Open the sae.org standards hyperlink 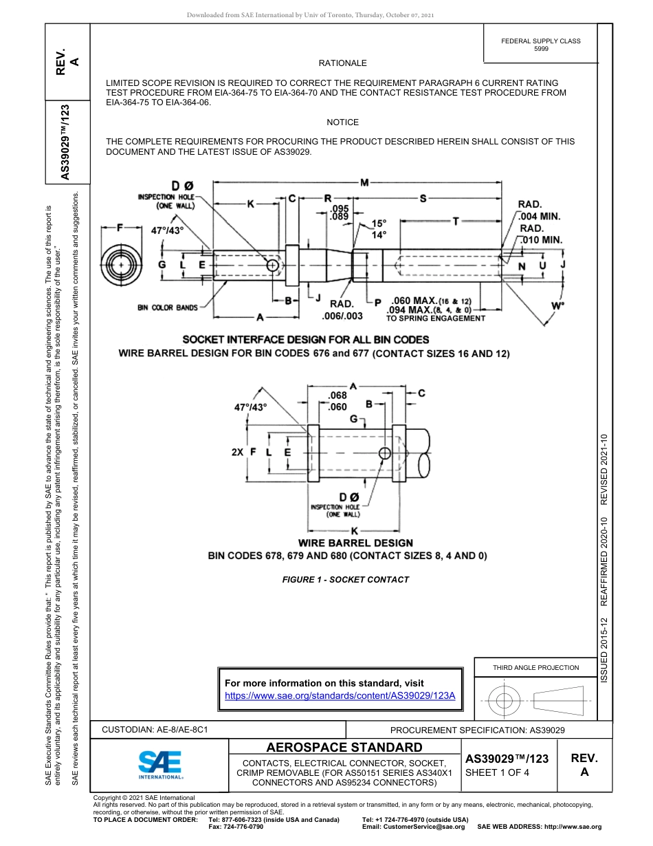(x=340, y=695)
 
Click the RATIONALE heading (x=342, y=63)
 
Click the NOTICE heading (x=342, y=122)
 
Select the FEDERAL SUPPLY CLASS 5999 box (x=540, y=45)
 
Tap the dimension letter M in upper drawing (x=364, y=182)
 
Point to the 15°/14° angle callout (x=379, y=229)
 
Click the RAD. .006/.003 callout (x=342, y=310)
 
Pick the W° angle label (x=557, y=305)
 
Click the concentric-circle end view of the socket (x=121, y=265)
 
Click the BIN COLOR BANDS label (x=167, y=307)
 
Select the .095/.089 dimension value (x=340, y=213)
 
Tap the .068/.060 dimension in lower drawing (x=337, y=401)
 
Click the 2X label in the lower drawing (x=238, y=453)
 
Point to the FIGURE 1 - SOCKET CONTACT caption (x=345, y=580)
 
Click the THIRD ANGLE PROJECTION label (x=535, y=667)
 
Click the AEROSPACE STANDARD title (x=344, y=748)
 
